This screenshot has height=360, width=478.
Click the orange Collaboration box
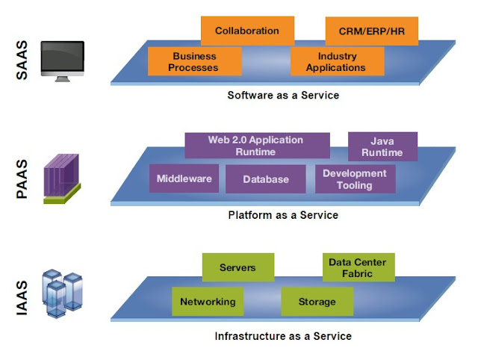coord(246,31)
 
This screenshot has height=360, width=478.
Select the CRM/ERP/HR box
coord(371,31)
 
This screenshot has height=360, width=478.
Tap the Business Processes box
coord(194,61)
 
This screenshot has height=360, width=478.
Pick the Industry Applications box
coord(336,61)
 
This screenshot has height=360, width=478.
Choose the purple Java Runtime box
coord(382,146)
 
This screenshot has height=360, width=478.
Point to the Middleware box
coord(184,179)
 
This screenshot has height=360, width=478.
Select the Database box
coord(267,179)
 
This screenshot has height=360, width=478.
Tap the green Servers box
coord(238,267)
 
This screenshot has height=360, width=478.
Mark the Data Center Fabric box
coord(358,267)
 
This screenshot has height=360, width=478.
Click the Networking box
coord(207,302)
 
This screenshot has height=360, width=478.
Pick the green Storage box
coord(317,302)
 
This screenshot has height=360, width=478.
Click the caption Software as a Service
coord(283,96)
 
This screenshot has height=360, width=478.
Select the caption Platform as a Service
coord(283,215)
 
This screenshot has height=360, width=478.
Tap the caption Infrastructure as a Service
coord(283,336)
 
